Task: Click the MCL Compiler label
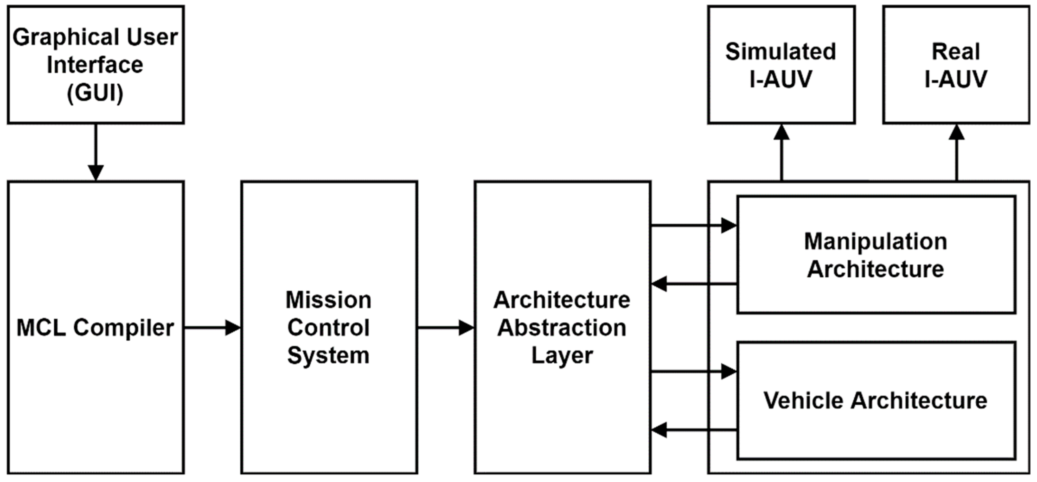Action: click(95, 327)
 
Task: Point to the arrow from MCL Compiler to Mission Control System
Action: click(212, 327)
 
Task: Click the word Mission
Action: click(329, 300)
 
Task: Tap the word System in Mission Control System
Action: click(329, 355)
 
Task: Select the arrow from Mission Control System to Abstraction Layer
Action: click(446, 327)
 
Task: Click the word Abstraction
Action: click(562, 327)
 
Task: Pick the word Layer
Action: click(562, 355)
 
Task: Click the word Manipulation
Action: click(876, 241)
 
